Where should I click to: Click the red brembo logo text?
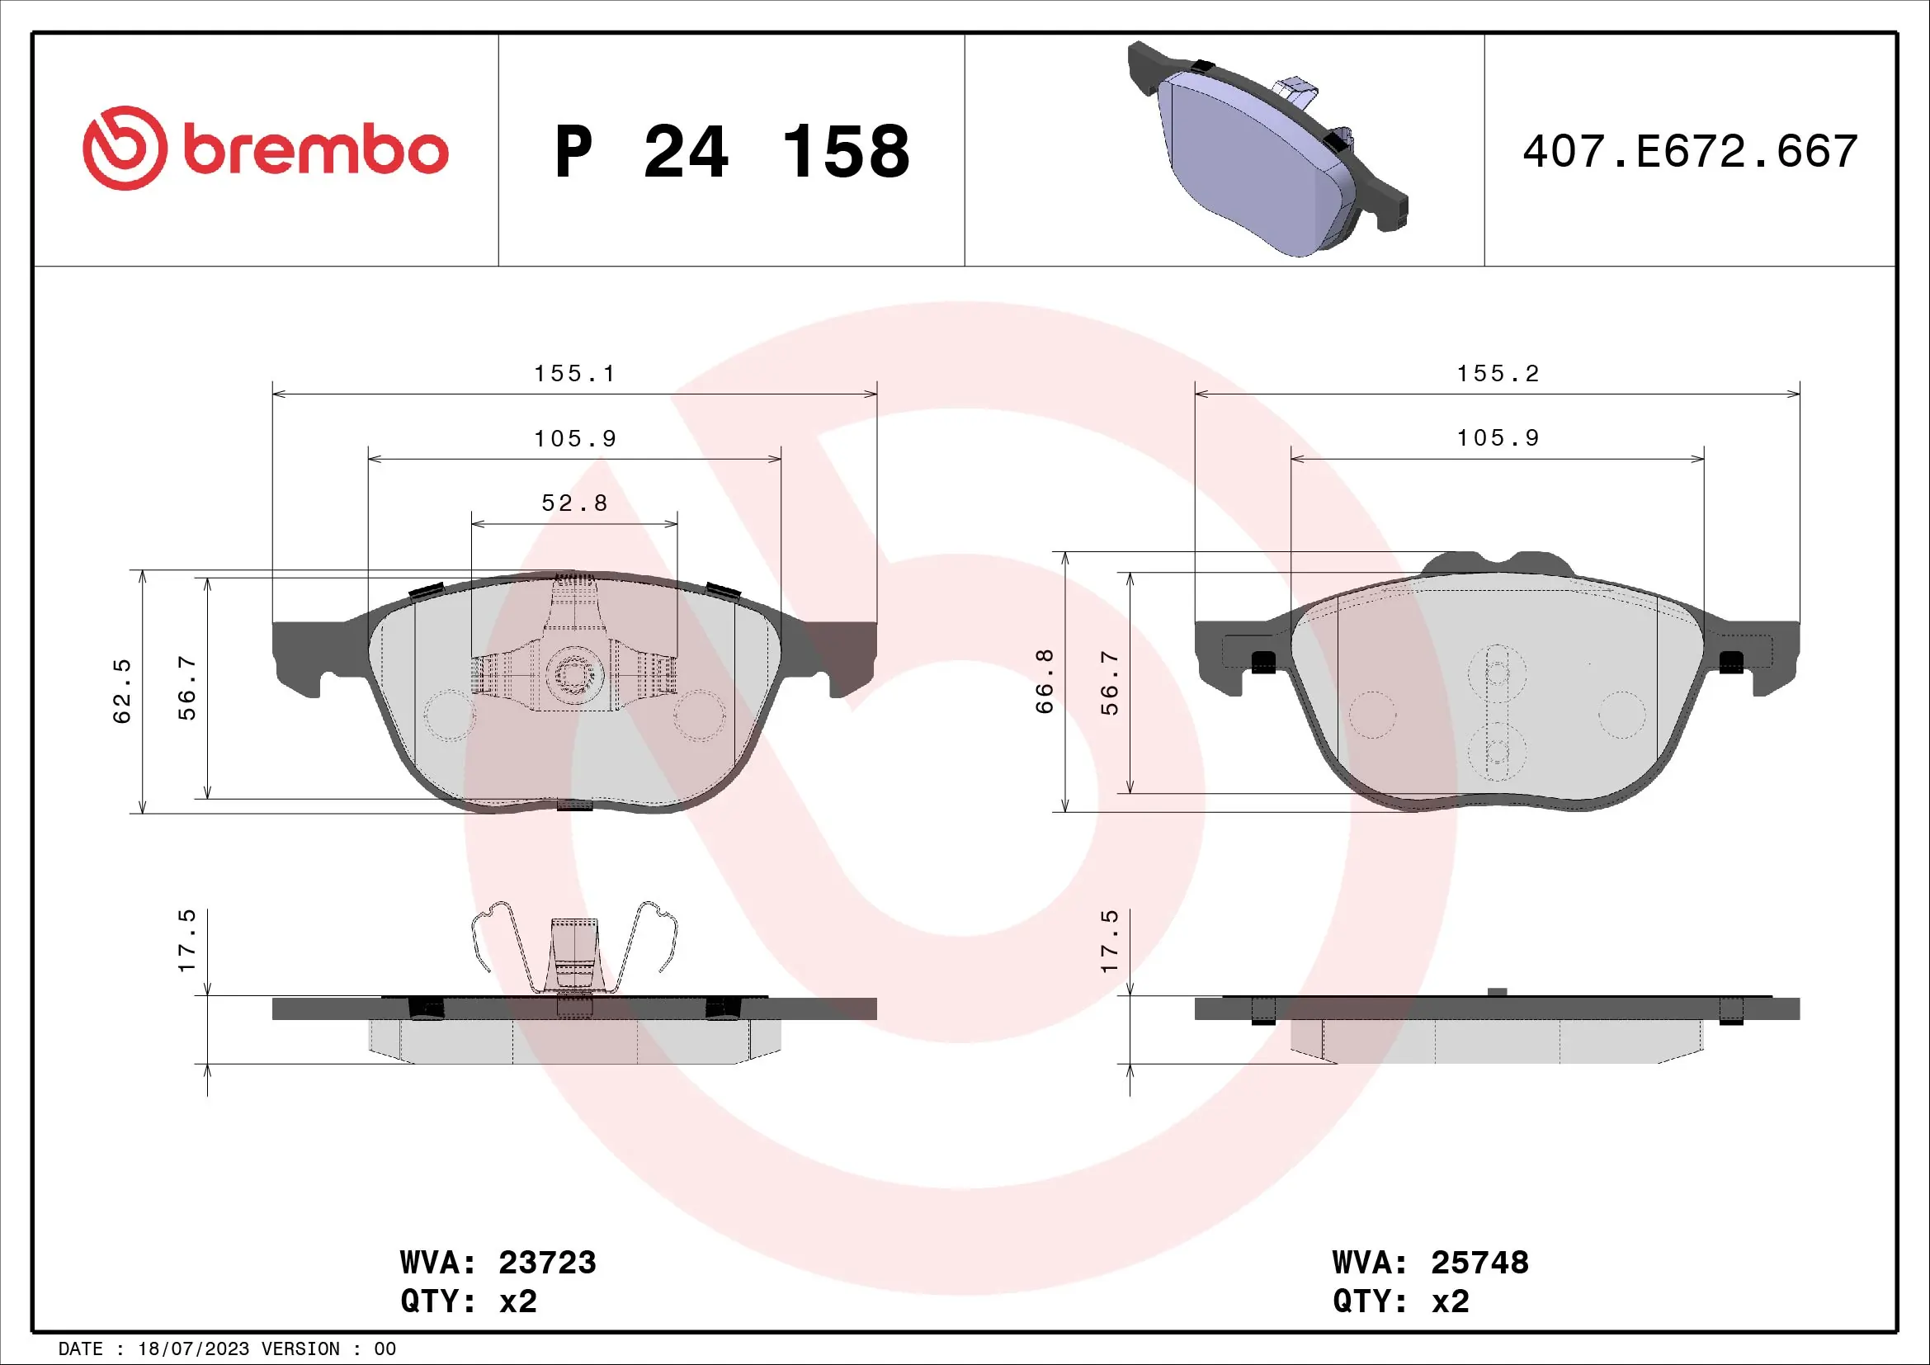315,150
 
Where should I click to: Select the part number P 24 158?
732,152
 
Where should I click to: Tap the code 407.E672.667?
1690,152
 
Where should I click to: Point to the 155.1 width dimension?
575,374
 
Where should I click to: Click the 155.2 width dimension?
1498,374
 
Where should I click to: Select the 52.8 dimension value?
575,503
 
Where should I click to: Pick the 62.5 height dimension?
123,691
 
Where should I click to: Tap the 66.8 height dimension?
1045,681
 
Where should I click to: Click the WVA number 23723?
547,1263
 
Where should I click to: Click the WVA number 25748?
1479,1263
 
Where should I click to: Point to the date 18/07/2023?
192,1349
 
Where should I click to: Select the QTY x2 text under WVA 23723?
468,1301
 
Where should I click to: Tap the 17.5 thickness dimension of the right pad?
1111,941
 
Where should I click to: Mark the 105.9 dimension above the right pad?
1498,439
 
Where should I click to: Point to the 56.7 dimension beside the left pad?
187,687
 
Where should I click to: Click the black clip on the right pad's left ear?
1263,664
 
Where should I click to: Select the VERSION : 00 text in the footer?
328,1349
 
